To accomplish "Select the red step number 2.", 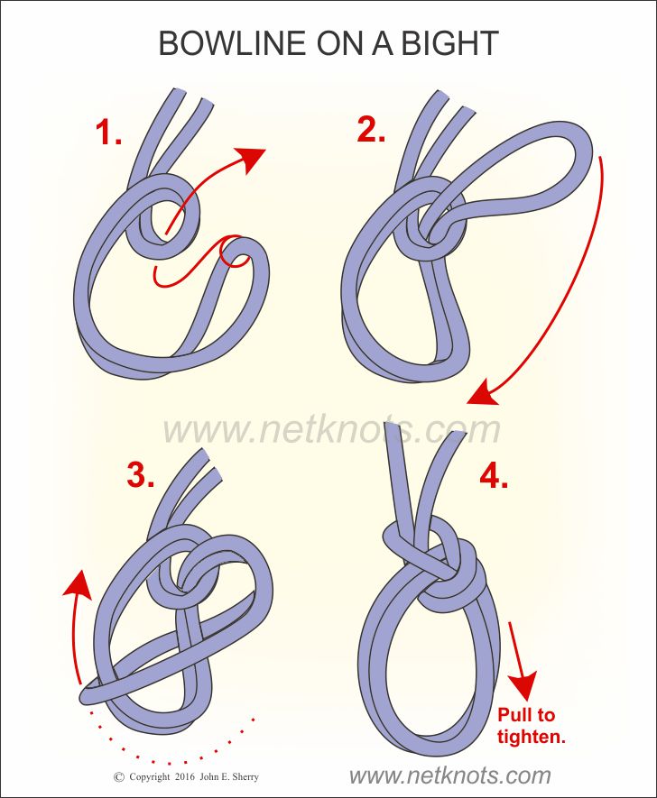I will coord(371,131).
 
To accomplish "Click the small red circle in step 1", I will coord(235,252).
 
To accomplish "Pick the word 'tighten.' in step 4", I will coord(532,737).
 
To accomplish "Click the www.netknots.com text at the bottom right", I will coord(449,775).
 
